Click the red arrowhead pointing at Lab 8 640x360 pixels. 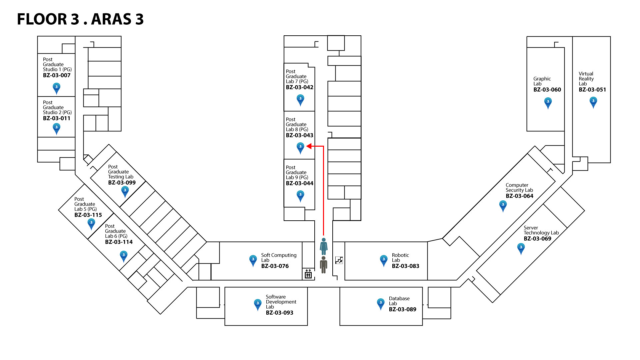point(309,146)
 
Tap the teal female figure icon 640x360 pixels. point(323,246)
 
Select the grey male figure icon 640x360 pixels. point(323,265)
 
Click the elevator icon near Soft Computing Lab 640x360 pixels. point(308,274)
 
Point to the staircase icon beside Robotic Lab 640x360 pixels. point(339,260)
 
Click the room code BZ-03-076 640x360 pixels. point(275,266)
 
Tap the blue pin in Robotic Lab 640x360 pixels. point(383,260)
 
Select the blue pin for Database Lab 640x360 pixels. point(381,303)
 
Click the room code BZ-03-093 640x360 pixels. point(279,313)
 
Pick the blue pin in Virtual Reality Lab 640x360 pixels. point(593,102)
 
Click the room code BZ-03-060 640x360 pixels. point(547,90)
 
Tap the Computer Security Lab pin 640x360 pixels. point(503,205)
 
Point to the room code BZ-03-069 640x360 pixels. point(537,239)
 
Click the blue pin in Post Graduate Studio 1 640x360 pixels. point(56,88)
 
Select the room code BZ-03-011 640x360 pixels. point(56,118)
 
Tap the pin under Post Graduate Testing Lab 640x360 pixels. point(125,191)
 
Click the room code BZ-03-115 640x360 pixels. point(88,215)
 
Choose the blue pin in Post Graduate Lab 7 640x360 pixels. point(300,99)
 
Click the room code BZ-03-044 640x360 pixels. point(299,183)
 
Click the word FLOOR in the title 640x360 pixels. point(42,19)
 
